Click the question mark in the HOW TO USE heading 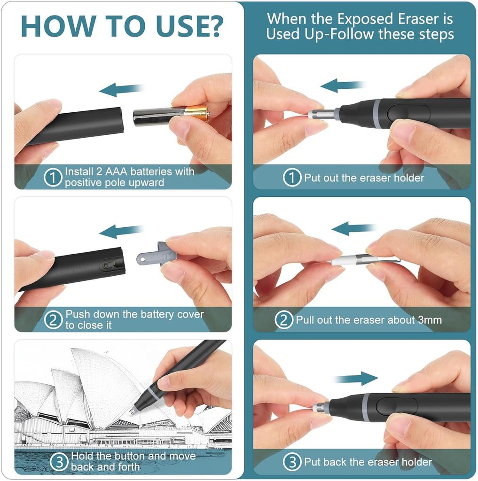212,26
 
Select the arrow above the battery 121,90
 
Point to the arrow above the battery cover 121,231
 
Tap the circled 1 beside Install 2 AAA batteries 53,178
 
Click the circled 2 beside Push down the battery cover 53,320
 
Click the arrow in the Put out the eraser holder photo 342,85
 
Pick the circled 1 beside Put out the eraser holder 292,178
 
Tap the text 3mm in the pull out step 430,320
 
